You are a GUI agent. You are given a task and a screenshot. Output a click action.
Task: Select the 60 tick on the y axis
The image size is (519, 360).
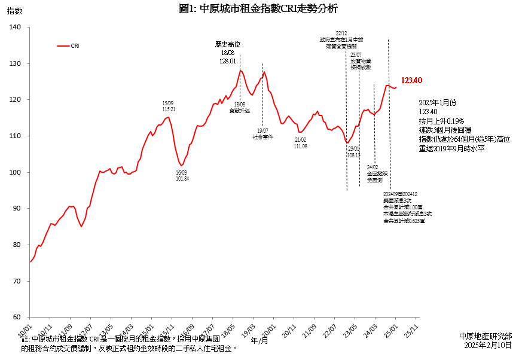17,317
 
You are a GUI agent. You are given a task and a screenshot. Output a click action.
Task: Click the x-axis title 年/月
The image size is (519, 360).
259,340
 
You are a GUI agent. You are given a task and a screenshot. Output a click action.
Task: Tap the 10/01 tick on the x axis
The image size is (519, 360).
25,330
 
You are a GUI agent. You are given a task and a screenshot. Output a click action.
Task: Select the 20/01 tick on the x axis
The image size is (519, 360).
268,330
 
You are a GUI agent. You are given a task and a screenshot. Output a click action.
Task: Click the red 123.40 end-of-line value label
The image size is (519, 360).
412,81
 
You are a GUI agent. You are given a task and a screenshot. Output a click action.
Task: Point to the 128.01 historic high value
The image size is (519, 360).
228,61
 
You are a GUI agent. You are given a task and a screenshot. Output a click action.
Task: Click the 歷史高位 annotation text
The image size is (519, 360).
228,44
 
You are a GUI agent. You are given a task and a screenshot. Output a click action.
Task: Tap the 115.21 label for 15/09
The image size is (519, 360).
169,109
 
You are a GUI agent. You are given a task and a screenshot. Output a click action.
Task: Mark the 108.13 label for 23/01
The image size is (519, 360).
353,155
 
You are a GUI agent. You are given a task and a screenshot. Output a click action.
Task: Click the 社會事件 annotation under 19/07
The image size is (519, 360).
263,137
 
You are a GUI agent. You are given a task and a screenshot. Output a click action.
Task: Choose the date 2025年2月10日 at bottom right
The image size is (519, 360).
488,345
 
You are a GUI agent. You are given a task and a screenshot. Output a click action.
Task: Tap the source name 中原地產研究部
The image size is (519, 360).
486,336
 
